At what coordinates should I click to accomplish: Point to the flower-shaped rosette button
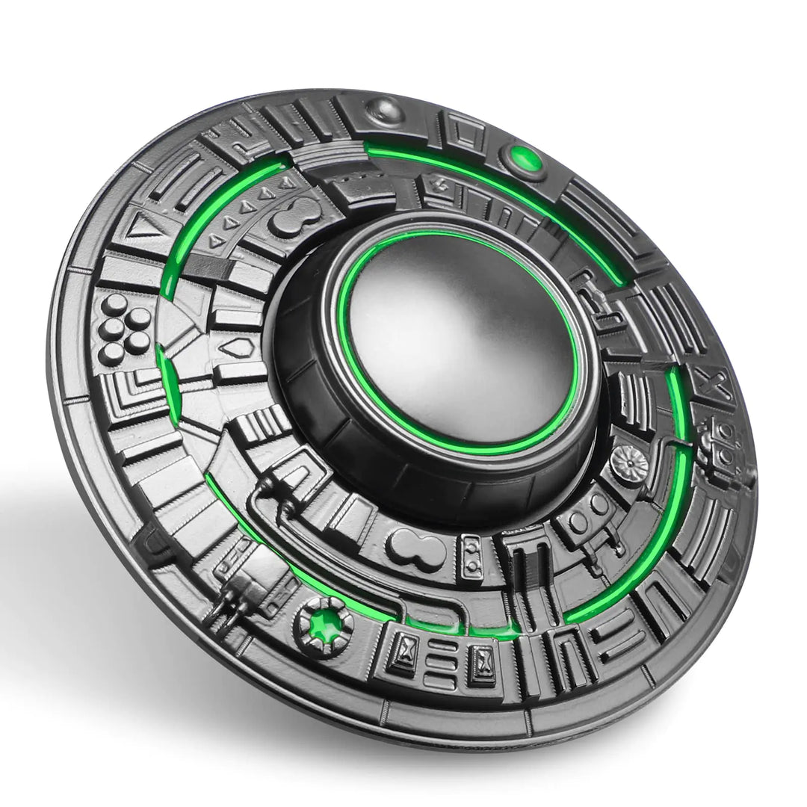pos(630,465)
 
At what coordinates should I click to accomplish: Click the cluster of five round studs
pos(126,329)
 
